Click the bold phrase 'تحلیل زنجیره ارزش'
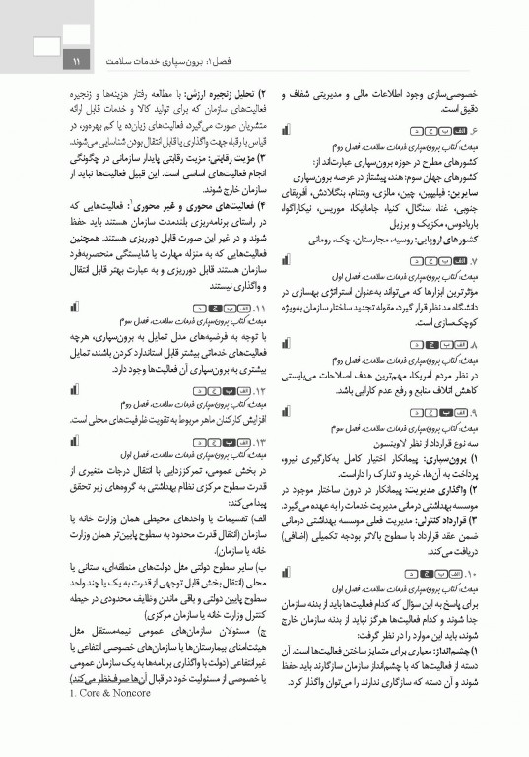212,92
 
